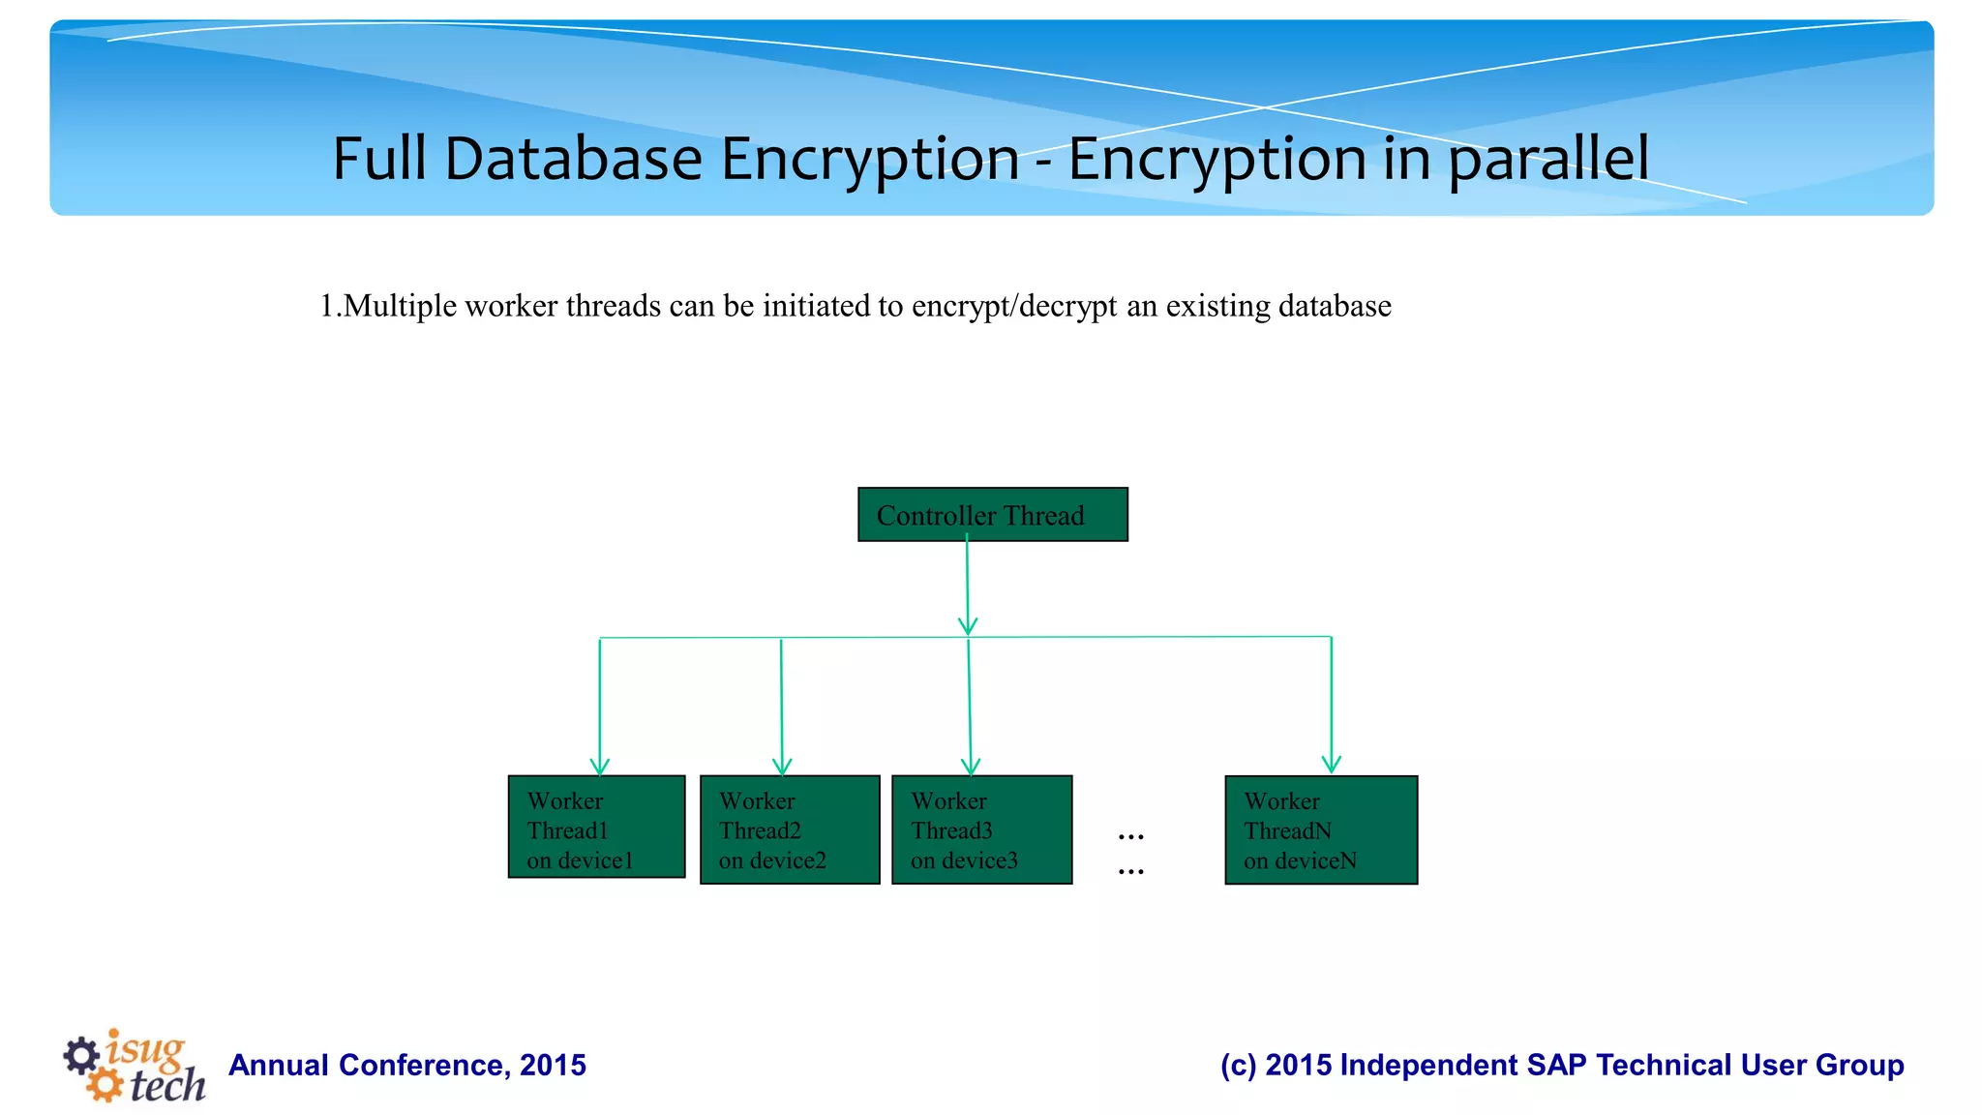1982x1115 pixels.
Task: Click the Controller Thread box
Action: (992, 514)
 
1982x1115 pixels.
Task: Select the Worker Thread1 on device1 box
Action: (596, 827)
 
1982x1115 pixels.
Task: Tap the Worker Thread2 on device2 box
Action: (790, 829)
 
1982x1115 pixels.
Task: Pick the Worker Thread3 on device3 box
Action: (981, 829)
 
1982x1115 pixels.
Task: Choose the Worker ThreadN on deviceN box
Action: (1320, 829)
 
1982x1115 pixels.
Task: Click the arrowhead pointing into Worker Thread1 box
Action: (600, 766)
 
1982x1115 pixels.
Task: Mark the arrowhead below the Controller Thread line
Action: (968, 626)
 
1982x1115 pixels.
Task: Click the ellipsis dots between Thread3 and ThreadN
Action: (1130, 852)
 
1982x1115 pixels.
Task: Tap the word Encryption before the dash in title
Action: (870, 159)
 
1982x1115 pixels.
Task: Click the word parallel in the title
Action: (1548, 159)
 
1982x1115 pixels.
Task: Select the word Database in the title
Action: (573, 159)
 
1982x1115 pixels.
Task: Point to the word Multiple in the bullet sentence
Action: (400, 306)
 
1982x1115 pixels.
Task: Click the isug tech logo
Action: (135, 1065)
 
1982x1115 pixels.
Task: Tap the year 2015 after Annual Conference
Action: (553, 1065)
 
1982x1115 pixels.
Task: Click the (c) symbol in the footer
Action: (1238, 1065)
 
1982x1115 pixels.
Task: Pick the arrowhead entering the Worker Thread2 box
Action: (782, 766)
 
